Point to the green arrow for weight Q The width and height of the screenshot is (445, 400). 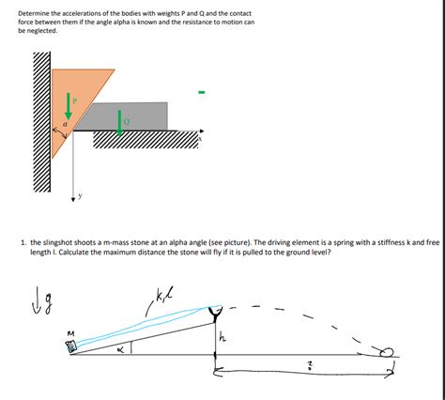[120, 121]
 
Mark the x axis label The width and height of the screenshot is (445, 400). [199, 140]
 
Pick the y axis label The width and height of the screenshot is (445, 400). [82, 196]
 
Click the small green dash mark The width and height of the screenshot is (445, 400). [199, 92]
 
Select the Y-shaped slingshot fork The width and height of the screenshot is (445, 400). [215, 311]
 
